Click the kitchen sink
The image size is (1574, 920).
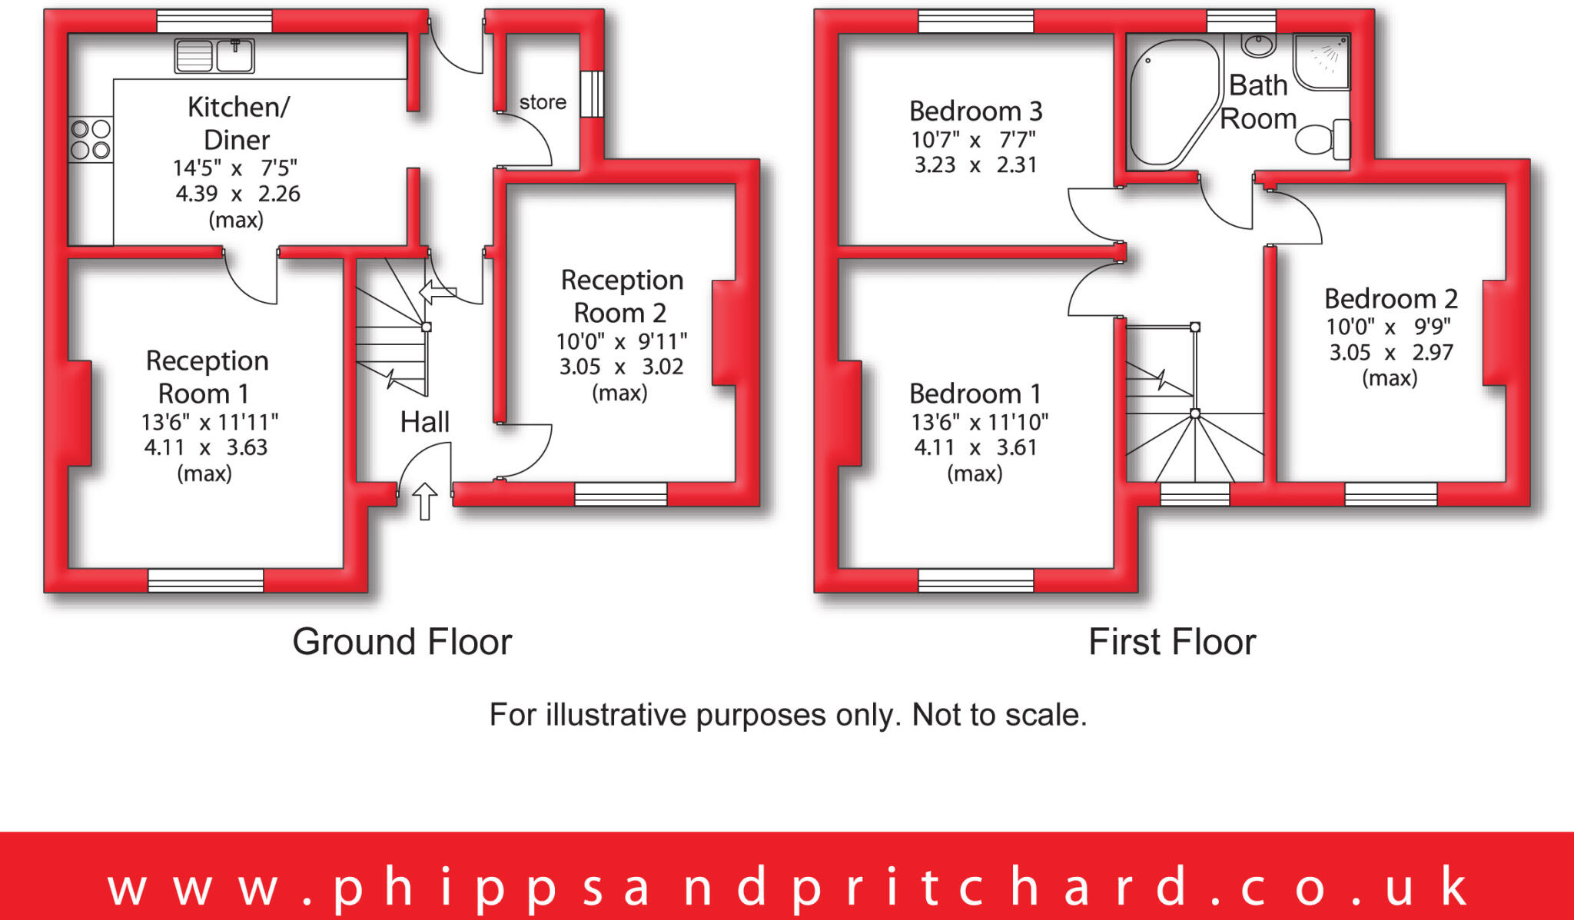click(x=214, y=55)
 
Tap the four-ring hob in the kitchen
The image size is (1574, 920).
click(x=91, y=139)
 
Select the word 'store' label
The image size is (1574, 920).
click(x=543, y=102)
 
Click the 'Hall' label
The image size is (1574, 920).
click(x=424, y=422)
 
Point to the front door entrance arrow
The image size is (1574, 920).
click(x=424, y=500)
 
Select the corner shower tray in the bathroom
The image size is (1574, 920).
click(x=1321, y=60)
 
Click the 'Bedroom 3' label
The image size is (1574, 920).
click(x=975, y=111)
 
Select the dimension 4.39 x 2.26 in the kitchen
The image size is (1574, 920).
click(x=237, y=194)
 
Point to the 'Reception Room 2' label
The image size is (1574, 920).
click(x=621, y=297)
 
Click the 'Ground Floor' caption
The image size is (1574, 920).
click(x=402, y=642)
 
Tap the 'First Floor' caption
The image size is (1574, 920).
click(x=1172, y=642)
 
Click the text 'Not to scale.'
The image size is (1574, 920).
click(x=999, y=715)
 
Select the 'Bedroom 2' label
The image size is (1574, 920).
click(x=1390, y=298)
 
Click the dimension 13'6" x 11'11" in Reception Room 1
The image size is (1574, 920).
click(x=209, y=422)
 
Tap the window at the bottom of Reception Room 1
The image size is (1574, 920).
click(x=205, y=580)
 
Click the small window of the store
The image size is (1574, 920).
click(x=592, y=94)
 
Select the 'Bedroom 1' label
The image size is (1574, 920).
click(x=975, y=394)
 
